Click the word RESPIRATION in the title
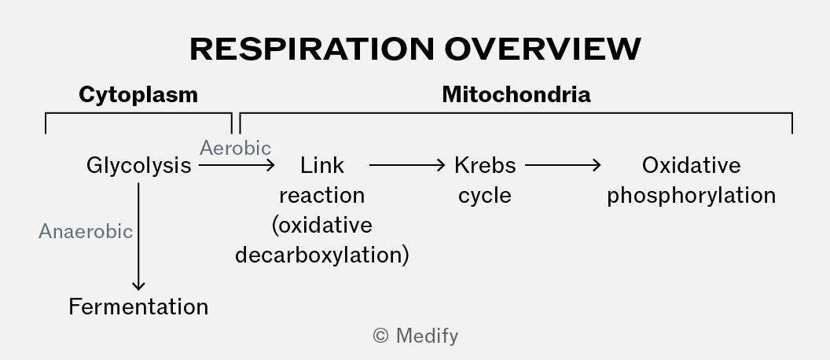[312, 49]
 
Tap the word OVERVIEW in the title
[542, 49]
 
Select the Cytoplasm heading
[138, 95]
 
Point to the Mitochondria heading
[516, 95]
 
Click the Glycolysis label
[138, 166]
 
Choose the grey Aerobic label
[235, 149]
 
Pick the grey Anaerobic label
[86, 231]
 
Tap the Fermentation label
[138, 307]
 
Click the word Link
[321, 166]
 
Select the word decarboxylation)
[321, 255]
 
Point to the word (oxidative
[321, 225]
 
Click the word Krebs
[485, 166]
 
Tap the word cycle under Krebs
[485, 196]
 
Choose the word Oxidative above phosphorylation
[692, 166]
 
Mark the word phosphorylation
[692, 196]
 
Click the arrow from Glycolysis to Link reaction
[237, 166]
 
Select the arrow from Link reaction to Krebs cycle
[407, 166]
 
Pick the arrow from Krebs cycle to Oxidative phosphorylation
[563, 166]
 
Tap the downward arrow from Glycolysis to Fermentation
[138, 237]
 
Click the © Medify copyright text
[416, 336]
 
